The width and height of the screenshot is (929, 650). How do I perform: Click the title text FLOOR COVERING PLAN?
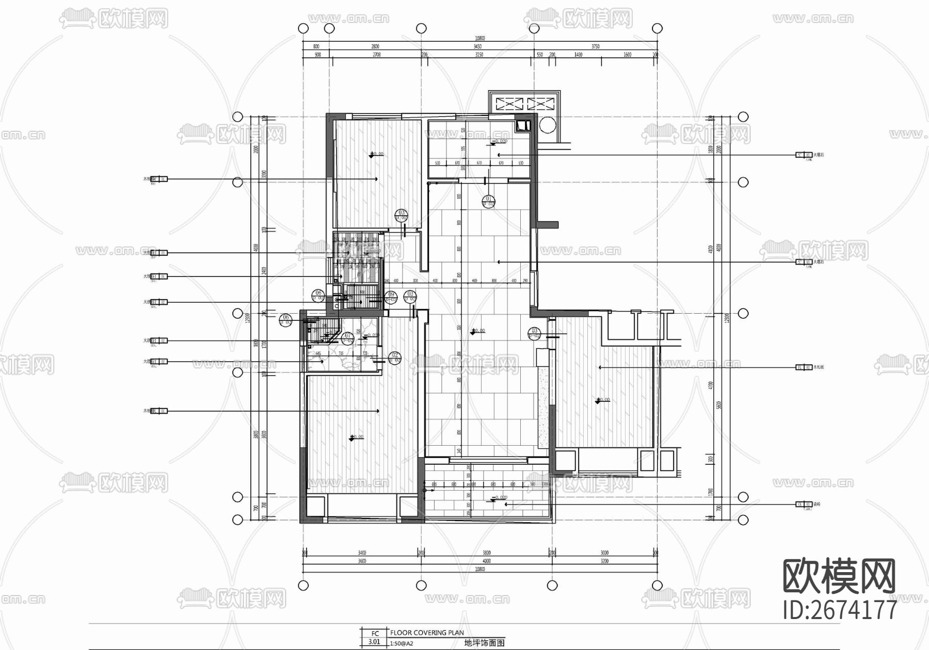tap(427, 632)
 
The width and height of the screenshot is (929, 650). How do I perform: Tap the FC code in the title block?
tap(375, 633)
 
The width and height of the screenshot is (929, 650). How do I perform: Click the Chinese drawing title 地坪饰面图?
tap(484, 643)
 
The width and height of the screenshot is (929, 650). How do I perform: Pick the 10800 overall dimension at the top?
tap(479, 38)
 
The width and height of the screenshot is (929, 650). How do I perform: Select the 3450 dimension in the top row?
tap(477, 46)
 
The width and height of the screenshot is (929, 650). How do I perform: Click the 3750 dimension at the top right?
tap(595, 46)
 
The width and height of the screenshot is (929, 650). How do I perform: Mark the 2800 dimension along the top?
tap(375, 46)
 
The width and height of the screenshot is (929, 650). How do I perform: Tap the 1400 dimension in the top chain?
tap(578, 54)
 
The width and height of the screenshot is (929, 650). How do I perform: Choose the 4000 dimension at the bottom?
tap(486, 561)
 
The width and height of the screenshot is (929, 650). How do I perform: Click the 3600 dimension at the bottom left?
tap(362, 561)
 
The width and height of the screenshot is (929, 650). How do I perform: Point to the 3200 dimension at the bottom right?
tap(604, 561)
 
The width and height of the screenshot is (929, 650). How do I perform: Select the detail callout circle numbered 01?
tap(488, 201)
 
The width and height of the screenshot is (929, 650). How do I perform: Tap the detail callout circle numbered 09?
tap(391, 296)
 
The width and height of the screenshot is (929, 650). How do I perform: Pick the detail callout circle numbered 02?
tap(395, 357)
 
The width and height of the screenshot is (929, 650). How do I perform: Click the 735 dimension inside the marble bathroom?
tap(341, 354)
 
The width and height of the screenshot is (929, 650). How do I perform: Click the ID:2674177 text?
tap(840, 610)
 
